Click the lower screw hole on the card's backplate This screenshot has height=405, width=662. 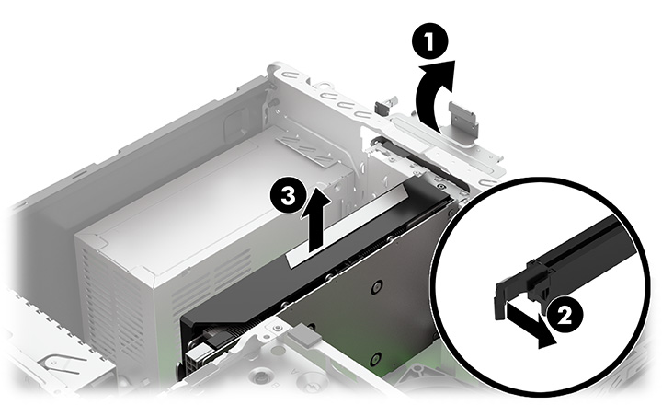374,357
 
